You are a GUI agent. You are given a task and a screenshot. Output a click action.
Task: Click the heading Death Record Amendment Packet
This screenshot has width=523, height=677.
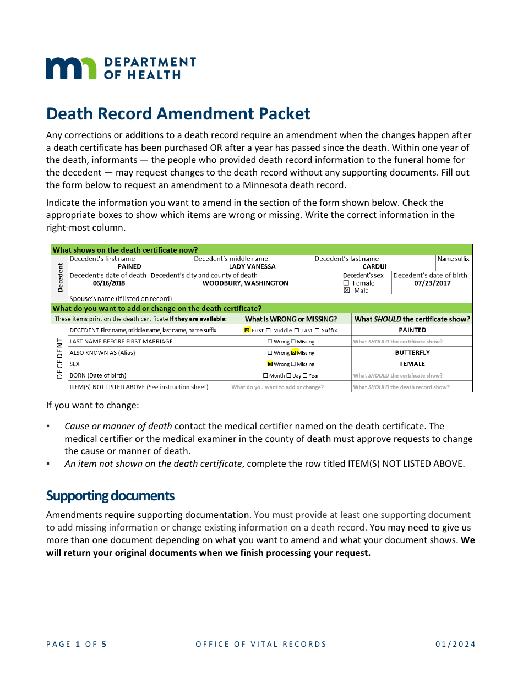[x=178, y=113]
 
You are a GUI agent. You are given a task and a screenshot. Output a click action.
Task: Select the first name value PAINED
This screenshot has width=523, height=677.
[x=129, y=266]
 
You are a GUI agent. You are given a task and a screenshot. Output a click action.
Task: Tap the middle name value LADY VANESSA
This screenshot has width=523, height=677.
[x=252, y=266]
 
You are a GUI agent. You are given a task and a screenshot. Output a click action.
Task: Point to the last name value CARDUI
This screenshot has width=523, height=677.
[x=374, y=266]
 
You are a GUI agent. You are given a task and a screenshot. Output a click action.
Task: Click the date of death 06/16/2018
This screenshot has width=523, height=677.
[x=109, y=283]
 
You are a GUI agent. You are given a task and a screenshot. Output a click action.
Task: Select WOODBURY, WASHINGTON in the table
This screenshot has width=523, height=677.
[x=245, y=283]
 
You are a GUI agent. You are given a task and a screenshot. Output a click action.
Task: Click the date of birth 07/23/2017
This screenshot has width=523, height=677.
[x=432, y=283]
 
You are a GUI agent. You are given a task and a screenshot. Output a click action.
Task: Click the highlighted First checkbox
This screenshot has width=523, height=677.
[x=247, y=330]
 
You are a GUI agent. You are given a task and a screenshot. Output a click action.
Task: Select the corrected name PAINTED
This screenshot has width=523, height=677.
[x=412, y=330]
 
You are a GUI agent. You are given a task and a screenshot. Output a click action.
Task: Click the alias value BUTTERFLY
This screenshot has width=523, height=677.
[x=412, y=353]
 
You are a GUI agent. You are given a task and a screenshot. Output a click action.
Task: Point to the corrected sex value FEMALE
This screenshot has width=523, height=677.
[x=412, y=364]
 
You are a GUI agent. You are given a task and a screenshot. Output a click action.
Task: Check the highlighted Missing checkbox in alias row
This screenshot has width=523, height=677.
[x=293, y=353]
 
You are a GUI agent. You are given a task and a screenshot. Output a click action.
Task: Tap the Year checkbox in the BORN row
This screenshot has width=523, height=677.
[x=305, y=375]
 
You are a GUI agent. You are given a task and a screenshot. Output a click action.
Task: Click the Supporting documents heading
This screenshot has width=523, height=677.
[x=110, y=496]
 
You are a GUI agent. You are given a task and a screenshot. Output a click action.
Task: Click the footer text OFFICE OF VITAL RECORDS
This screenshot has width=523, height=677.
[x=261, y=644]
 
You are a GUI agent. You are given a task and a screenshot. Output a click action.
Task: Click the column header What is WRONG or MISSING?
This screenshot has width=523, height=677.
[x=291, y=319]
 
